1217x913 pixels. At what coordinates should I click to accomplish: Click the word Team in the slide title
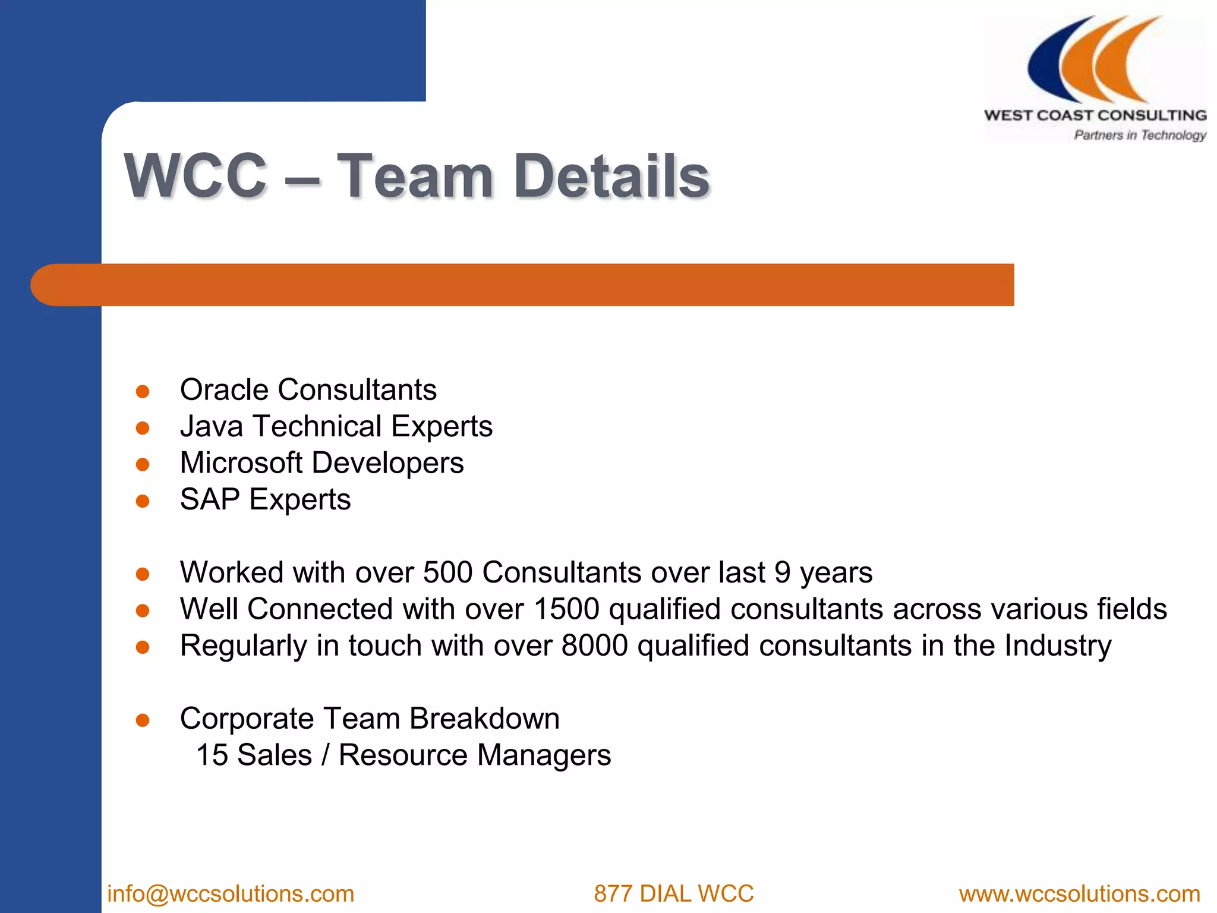pos(414,176)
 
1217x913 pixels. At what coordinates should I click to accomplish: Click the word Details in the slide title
pos(611,176)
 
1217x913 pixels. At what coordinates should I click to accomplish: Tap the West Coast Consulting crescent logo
pos(1095,60)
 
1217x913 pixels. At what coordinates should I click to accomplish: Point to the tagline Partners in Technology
pos(1139,136)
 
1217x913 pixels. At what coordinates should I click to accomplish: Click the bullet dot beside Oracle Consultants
pos(143,392)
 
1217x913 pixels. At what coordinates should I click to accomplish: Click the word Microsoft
pos(241,463)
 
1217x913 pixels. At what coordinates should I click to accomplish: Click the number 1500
pos(566,609)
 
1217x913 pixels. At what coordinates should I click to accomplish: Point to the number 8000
pos(594,646)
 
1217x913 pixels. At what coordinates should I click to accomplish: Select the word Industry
pos(1058,647)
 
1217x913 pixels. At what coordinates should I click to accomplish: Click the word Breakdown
pos(484,719)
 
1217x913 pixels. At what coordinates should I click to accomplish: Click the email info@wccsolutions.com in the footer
pos(231,894)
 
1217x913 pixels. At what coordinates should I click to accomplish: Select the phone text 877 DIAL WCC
pos(673,894)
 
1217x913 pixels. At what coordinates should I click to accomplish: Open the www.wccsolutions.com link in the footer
pos(1079,894)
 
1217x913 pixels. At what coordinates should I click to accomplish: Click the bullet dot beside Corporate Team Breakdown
pos(143,721)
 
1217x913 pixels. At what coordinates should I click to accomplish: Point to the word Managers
pos(544,755)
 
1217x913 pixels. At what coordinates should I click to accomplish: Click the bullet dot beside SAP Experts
pos(143,502)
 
